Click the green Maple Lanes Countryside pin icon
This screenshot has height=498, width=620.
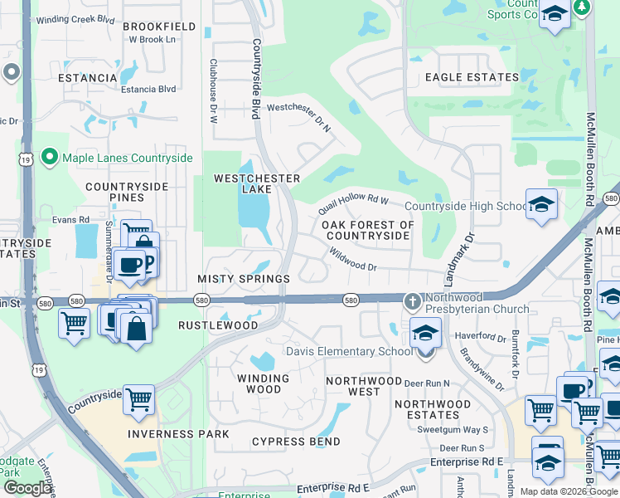pyautogui.click(x=49, y=157)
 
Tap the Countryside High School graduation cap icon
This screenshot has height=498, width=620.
pyautogui.click(x=541, y=205)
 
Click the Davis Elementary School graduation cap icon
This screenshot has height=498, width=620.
pyautogui.click(x=425, y=334)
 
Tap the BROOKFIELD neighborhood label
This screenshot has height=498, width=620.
pyautogui.click(x=159, y=27)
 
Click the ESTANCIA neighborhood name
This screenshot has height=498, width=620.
pyautogui.click(x=88, y=78)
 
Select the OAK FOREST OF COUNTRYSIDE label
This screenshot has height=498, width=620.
pyautogui.click(x=367, y=230)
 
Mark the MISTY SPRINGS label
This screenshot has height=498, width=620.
pyautogui.click(x=244, y=280)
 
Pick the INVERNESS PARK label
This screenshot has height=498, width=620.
pyautogui.click(x=179, y=434)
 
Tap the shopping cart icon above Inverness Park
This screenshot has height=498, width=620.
pyautogui.click(x=138, y=400)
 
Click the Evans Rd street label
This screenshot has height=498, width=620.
pyautogui.click(x=70, y=220)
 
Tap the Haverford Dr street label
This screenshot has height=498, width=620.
pyautogui.click(x=480, y=338)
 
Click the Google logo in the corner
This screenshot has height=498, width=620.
pyautogui.click(x=27, y=488)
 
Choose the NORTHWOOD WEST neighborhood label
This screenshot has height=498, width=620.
pyautogui.click(x=353, y=386)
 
